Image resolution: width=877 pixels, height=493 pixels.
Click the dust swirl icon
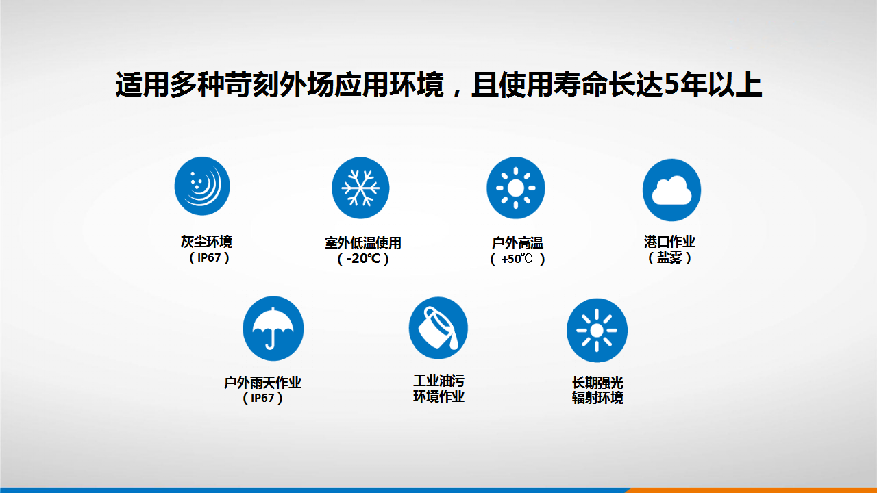pyautogui.click(x=202, y=186)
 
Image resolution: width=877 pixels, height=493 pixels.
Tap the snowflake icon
pyautogui.click(x=360, y=188)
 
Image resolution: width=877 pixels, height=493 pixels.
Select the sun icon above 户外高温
pyautogui.click(x=516, y=188)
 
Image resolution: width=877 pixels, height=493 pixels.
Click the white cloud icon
pyautogui.click(x=672, y=190)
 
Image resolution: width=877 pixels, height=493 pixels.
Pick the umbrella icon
pyautogui.click(x=273, y=328)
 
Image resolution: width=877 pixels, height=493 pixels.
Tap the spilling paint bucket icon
pyautogui.click(x=438, y=328)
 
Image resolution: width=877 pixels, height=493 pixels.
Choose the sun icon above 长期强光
pyautogui.click(x=597, y=330)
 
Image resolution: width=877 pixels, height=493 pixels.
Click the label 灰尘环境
pyautogui.click(x=206, y=242)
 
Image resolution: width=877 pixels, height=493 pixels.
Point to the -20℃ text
pyautogui.click(x=363, y=259)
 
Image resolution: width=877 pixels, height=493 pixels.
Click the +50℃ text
pyautogui.click(x=517, y=259)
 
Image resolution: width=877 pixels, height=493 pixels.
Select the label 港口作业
pyautogui.click(x=669, y=242)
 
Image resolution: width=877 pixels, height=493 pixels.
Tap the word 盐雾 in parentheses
pyautogui.click(x=669, y=257)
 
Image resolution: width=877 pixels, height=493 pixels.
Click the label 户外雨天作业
pyautogui.click(x=262, y=382)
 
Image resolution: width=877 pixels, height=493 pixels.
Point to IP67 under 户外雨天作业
pyautogui.click(x=262, y=398)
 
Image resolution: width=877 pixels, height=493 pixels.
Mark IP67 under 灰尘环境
pyautogui.click(x=209, y=258)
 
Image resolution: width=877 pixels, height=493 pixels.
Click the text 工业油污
pyautogui.click(x=438, y=381)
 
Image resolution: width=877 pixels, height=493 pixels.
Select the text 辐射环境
pyautogui.click(x=597, y=398)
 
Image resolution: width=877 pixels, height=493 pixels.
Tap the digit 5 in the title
pyautogui.click(x=672, y=84)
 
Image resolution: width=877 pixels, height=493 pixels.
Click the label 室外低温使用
pyautogui.click(x=363, y=243)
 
